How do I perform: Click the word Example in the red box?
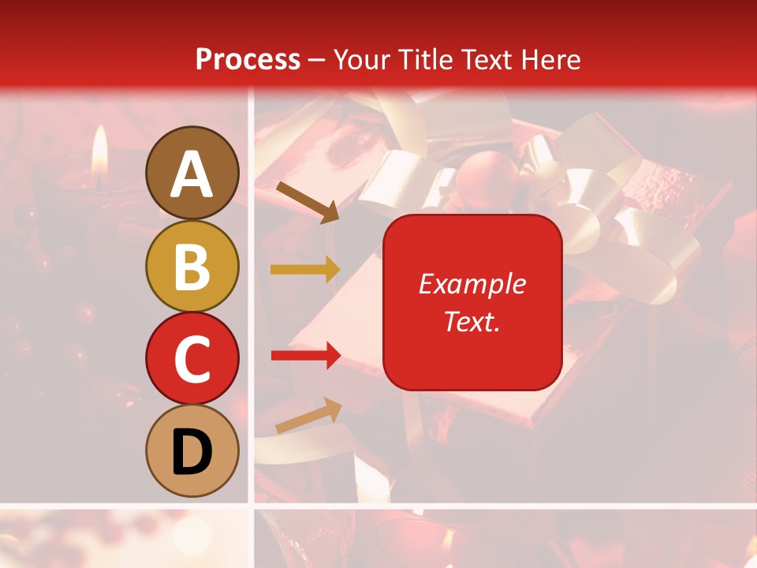click(x=472, y=284)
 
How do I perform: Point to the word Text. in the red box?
click(x=472, y=321)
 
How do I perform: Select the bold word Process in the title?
click(x=248, y=59)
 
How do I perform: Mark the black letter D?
click(x=192, y=453)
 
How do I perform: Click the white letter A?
click(x=192, y=174)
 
